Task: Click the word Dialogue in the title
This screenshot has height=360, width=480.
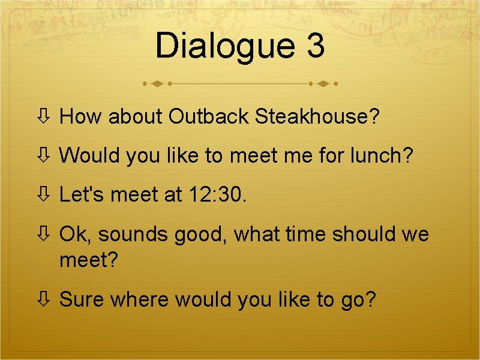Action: pos(225,46)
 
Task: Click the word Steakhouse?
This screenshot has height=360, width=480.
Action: pos(317,116)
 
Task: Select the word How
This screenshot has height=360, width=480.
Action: pos(81,116)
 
